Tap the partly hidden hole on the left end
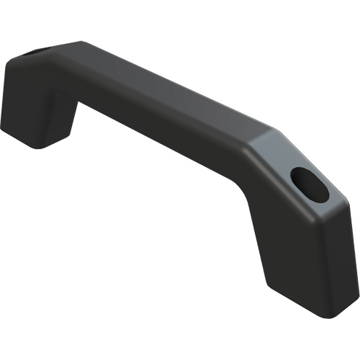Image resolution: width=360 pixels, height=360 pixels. point(37,52)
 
